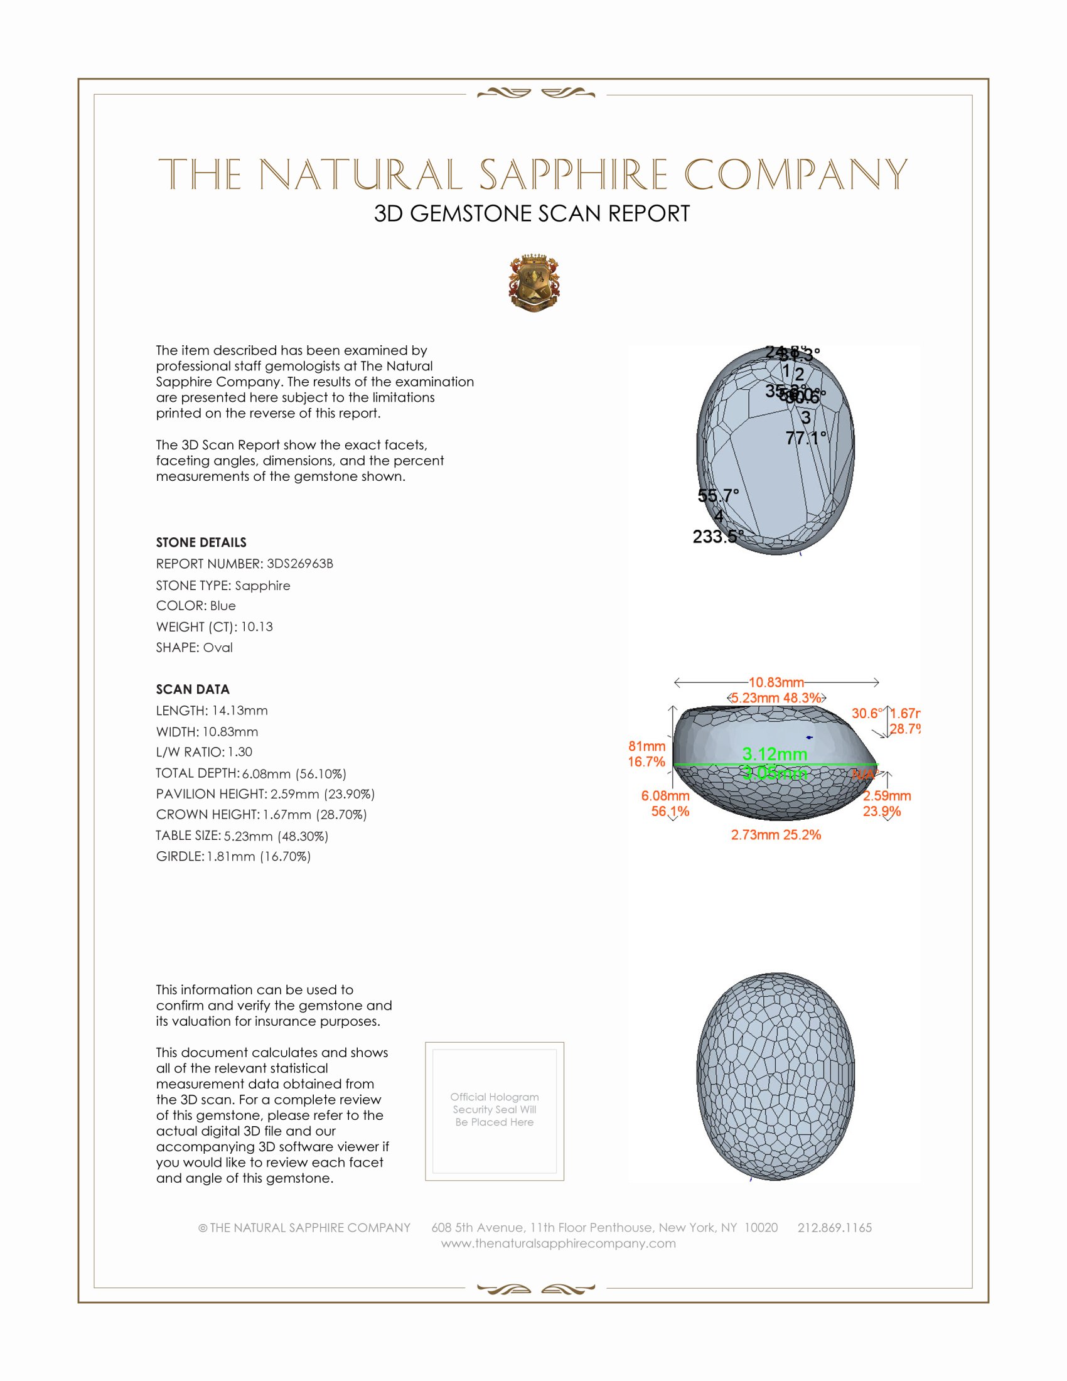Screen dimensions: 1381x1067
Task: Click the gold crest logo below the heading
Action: click(534, 282)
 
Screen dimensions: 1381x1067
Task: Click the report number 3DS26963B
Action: click(299, 564)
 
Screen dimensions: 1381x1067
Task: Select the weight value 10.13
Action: click(257, 626)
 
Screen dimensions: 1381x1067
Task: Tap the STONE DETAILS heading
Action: click(201, 542)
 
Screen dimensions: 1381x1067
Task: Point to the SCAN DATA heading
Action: click(193, 689)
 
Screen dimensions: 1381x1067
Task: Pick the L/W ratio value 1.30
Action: click(240, 752)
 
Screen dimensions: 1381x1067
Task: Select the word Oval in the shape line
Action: click(217, 648)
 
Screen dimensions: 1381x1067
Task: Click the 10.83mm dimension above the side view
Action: click(776, 682)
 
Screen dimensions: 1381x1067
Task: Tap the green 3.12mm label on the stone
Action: click(775, 754)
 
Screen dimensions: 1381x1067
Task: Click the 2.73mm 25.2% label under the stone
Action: click(776, 835)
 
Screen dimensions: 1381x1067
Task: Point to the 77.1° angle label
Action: click(805, 438)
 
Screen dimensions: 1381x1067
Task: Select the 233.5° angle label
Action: click(717, 537)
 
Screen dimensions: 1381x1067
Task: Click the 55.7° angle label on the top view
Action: click(718, 495)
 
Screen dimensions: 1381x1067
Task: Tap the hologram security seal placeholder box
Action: click(495, 1111)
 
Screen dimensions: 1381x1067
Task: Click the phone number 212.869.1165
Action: click(834, 1227)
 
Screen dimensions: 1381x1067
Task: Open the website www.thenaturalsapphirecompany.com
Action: click(558, 1243)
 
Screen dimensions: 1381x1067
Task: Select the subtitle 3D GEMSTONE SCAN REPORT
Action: click(532, 213)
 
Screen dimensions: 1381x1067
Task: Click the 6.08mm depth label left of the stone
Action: click(665, 795)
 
